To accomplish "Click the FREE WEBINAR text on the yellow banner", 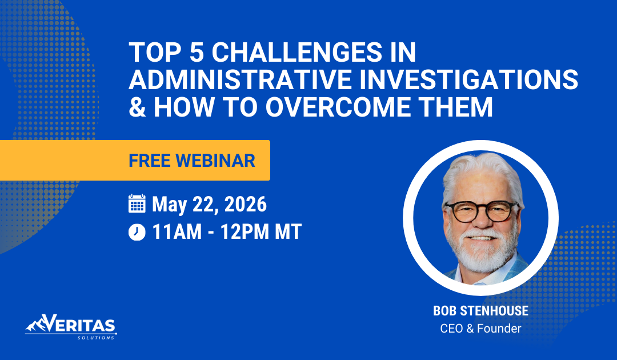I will pos(192,161).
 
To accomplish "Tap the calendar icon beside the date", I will pos(137,204).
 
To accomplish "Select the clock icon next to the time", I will pos(137,233).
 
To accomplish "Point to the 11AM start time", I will pos(179,233).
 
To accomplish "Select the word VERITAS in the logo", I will pos(81,325).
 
